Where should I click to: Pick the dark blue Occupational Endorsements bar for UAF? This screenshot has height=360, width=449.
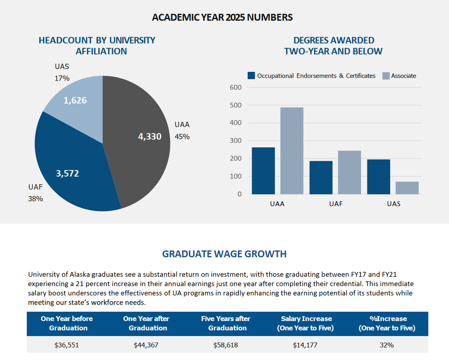(x=321, y=177)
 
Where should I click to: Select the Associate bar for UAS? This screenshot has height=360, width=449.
(x=407, y=188)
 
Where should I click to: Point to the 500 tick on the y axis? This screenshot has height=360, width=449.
(x=235, y=105)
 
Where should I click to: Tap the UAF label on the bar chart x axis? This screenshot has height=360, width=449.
(x=336, y=204)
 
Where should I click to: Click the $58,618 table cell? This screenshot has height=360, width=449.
(x=226, y=345)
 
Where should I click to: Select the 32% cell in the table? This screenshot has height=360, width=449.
(x=387, y=345)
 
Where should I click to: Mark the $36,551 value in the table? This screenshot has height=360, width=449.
(x=67, y=345)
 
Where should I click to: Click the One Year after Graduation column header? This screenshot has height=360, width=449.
(x=146, y=323)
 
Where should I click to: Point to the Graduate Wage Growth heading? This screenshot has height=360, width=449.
(x=224, y=254)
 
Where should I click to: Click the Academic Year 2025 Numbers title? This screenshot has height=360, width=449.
(x=222, y=17)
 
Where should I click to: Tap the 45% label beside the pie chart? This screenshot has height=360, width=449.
(x=182, y=137)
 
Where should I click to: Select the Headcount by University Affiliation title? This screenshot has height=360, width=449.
(x=97, y=46)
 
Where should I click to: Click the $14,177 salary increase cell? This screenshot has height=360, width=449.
(x=305, y=345)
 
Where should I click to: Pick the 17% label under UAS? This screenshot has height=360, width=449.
(x=62, y=78)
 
